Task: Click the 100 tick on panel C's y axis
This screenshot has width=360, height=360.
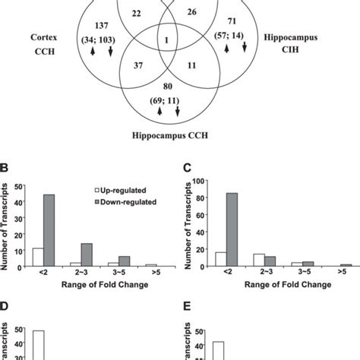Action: pyautogui.click(x=200, y=181)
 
